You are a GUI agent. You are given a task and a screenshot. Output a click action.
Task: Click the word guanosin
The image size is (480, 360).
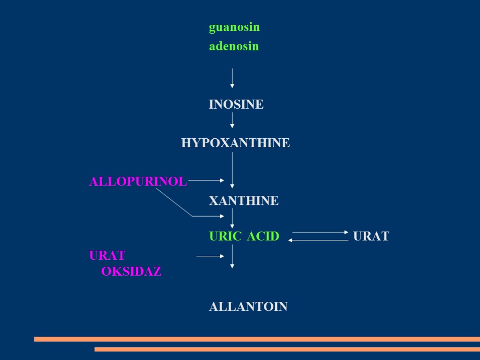(234, 28)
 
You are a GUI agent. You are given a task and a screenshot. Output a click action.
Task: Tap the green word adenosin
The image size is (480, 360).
(233, 46)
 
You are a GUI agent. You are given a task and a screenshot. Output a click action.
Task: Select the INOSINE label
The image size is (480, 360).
(236, 105)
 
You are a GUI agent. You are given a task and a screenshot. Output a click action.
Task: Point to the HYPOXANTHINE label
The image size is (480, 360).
(235, 143)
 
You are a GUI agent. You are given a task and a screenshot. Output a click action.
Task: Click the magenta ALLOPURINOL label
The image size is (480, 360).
(138, 181)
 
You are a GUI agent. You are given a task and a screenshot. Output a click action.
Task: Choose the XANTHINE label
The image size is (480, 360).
(243, 201)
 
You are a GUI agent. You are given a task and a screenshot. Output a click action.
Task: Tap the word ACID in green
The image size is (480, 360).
(263, 236)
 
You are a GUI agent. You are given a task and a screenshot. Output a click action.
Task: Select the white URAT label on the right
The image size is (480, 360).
(371, 236)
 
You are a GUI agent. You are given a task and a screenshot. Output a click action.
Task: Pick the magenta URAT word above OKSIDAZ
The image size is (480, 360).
(107, 256)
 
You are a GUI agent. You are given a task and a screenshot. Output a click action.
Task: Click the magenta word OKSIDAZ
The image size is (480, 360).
(131, 271)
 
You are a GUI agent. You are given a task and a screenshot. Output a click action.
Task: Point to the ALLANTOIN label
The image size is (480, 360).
(248, 307)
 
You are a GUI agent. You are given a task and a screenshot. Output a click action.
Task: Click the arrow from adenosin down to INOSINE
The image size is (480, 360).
(232, 78)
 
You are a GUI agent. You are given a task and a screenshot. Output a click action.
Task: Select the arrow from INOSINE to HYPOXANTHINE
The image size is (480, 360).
(232, 120)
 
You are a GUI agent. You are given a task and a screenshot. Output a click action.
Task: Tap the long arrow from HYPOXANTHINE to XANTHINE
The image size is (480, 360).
(232, 170)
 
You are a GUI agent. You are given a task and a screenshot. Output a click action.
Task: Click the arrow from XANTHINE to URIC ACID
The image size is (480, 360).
(232, 218)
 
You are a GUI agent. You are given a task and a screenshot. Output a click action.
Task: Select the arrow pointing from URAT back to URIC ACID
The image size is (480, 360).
(318, 240)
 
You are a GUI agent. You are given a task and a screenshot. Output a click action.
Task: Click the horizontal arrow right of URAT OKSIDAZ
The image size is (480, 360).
(210, 256)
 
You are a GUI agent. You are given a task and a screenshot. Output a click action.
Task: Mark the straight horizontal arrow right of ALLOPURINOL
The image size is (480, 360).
(206, 180)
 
